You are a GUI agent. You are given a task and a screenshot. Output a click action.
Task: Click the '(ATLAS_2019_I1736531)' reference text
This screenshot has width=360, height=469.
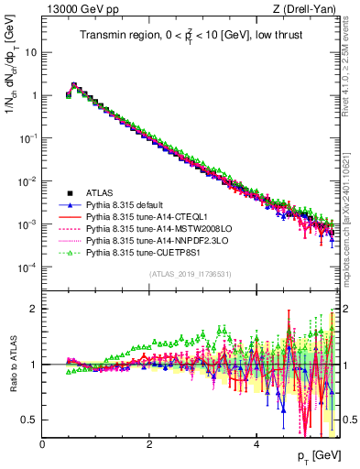[x=190, y=274]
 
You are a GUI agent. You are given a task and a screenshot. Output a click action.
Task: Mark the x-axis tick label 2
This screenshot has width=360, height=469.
[x=149, y=444]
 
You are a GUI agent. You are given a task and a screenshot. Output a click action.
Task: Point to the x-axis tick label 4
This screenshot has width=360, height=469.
[x=256, y=444]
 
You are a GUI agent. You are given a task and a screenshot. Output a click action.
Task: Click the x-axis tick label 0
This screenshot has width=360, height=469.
[x=43, y=444]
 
